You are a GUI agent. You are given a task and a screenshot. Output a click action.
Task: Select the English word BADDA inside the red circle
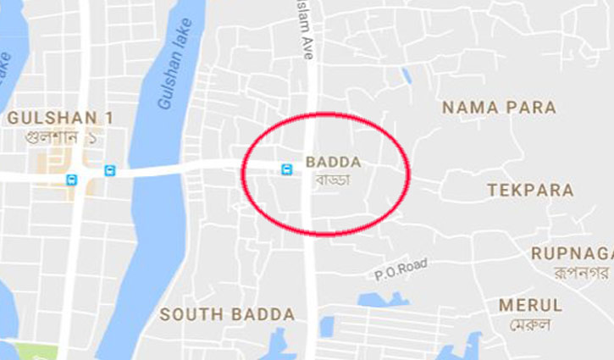point(334,162)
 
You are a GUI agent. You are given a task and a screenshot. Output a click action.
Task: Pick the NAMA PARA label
point(499,108)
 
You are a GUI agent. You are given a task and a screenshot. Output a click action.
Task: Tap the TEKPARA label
point(530,191)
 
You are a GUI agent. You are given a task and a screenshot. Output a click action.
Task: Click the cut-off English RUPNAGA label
point(572,253)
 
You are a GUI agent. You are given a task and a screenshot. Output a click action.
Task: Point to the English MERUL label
point(530,305)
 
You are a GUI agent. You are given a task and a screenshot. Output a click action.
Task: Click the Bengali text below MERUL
point(531,324)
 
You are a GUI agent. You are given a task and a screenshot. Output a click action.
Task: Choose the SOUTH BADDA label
point(227,314)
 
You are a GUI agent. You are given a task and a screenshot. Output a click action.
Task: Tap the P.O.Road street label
point(401,269)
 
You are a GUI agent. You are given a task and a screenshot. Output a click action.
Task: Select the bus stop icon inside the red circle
point(288,170)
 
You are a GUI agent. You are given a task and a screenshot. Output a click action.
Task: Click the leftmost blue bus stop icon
point(72,179)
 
